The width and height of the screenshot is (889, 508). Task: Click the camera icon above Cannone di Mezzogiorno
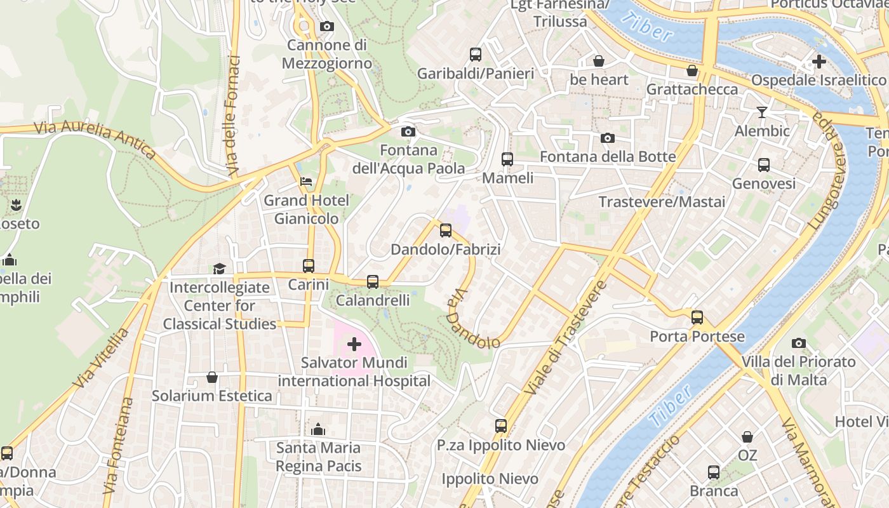click(327, 27)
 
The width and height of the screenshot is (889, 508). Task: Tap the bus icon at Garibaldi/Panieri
click(476, 55)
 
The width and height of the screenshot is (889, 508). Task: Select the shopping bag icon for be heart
click(598, 61)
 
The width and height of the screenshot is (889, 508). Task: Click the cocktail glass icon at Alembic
click(762, 112)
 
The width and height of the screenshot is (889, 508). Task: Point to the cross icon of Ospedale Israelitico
click(819, 62)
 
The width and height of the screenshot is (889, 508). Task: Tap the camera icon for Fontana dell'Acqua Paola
click(408, 132)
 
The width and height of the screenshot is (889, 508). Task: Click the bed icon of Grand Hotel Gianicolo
click(306, 182)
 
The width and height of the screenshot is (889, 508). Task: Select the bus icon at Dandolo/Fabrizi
click(446, 231)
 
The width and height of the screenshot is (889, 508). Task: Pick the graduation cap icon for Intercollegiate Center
click(219, 269)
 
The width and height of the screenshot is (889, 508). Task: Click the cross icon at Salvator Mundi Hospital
click(354, 345)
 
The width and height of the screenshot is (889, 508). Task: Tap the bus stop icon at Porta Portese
click(697, 317)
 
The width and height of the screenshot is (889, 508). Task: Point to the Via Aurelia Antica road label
click(95, 140)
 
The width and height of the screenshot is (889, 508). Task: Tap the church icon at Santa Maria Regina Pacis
click(318, 429)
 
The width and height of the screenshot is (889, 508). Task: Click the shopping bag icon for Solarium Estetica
click(212, 377)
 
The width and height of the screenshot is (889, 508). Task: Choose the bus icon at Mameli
click(507, 159)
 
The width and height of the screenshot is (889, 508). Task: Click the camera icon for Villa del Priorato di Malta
click(799, 344)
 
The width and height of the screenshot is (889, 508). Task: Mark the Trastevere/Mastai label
click(662, 202)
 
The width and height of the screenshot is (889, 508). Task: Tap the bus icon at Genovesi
click(764, 165)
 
